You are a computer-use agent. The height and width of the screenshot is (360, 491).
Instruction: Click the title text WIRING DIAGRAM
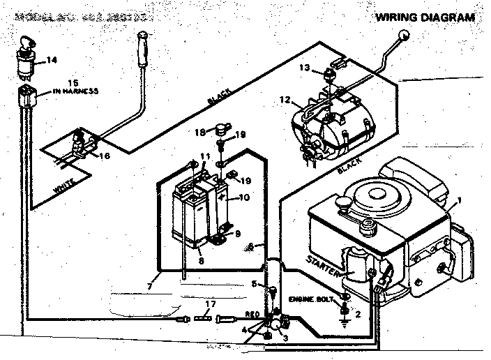(425, 17)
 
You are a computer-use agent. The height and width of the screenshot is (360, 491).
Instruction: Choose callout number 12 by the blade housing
(285, 100)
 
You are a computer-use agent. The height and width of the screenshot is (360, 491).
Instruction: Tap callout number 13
(303, 67)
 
